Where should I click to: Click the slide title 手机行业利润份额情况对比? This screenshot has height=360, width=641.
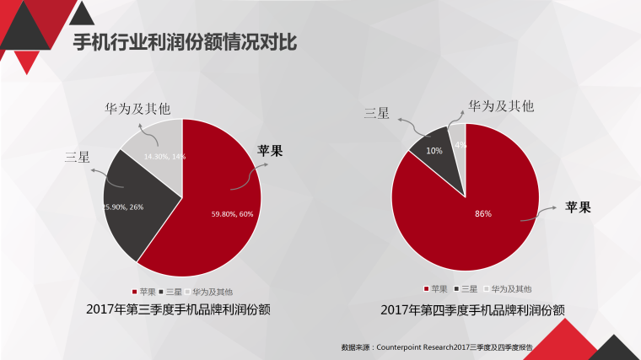(x=184, y=41)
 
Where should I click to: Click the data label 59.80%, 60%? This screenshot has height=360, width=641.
(x=232, y=214)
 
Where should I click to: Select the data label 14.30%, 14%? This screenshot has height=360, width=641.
(x=164, y=157)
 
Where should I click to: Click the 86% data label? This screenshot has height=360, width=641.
(x=482, y=213)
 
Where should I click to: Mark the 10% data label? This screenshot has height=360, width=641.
(x=434, y=151)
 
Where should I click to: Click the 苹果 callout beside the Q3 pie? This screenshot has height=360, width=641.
(x=270, y=151)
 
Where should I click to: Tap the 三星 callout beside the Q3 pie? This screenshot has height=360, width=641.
(x=77, y=157)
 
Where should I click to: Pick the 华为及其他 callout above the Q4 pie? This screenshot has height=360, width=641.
(x=501, y=106)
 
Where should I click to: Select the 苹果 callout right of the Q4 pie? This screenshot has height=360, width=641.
(x=577, y=207)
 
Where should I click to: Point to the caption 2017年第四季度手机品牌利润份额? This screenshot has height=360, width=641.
(x=472, y=310)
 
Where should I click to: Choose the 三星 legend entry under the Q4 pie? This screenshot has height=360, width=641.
(x=466, y=289)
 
